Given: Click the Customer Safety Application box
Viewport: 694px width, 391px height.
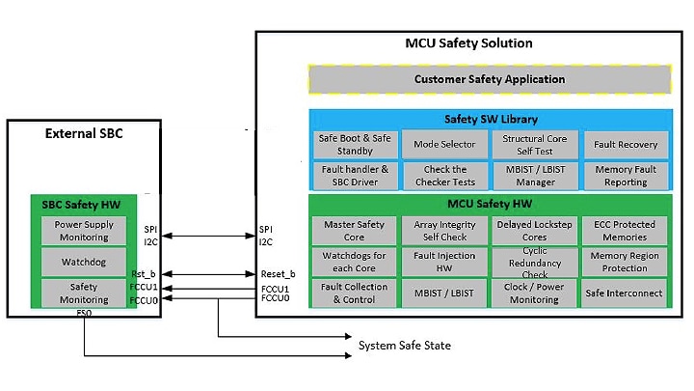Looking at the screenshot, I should [x=490, y=79].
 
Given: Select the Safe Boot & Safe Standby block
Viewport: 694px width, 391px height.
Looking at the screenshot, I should [x=354, y=144].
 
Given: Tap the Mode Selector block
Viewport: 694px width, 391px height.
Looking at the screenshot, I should [x=439, y=144].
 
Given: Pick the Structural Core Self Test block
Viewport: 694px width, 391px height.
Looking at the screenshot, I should [x=529, y=144].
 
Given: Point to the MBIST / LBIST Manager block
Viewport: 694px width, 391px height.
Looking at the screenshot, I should [x=529, y=176].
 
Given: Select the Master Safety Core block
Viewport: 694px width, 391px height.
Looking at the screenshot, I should [x=354, y=231].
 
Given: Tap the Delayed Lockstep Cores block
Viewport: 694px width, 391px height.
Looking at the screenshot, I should [x=529, y=231].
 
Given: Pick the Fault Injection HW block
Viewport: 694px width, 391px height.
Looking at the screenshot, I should [x=439, y=262].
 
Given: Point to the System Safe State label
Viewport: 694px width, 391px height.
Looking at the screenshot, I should [x=404, y=346].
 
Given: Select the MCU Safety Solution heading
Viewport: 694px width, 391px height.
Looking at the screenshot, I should [x=468, y=43].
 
